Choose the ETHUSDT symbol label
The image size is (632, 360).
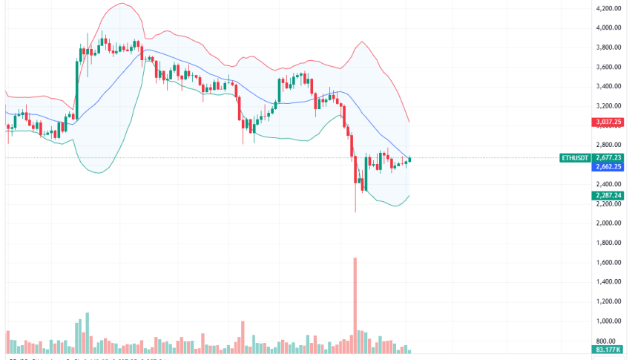click(x=576, y=157)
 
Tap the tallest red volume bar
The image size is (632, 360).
click(x=355, y=304)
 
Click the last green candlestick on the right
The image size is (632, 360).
click(x=410, y=159)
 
